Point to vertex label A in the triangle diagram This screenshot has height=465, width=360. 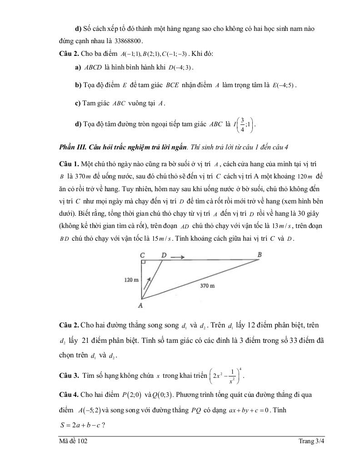(x=140, y=306)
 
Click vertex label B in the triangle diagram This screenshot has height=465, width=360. (x=260, y=255)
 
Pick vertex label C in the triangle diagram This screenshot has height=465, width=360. (x=143, y=255)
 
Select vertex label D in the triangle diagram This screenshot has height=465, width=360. (x=164, y=255)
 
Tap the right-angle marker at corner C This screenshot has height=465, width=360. (x=143, y=263)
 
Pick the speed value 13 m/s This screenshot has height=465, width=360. (x=285, y=226)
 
